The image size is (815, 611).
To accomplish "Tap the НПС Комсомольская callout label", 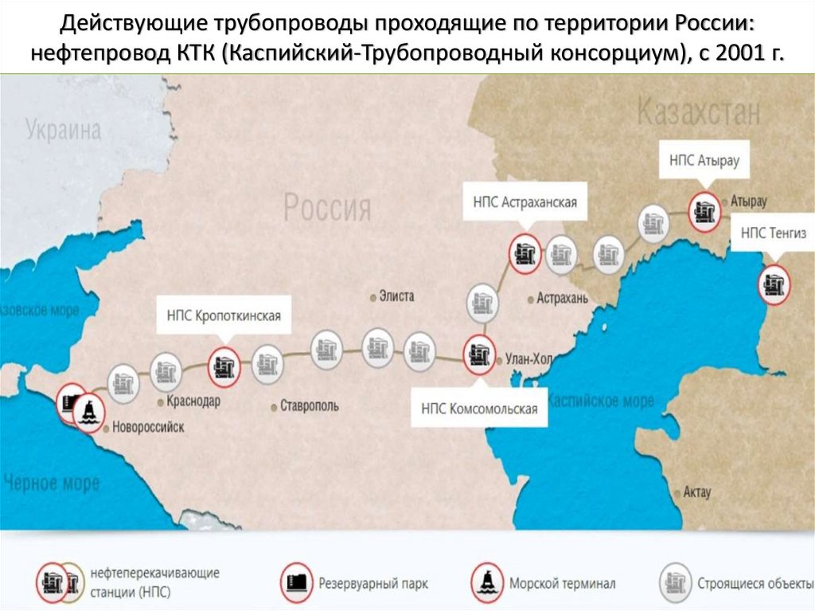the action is coord(479,409).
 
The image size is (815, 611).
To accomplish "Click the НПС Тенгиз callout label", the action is coord(773,233).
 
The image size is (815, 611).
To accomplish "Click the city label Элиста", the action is coord(395,296).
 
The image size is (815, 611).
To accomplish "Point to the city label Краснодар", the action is coord(193,401).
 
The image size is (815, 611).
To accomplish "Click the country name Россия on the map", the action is coord(328,209).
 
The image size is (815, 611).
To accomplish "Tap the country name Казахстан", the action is coord(699,114).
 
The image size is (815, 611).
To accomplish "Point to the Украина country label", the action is coord(64,130).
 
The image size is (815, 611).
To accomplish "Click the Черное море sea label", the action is coord(52,483).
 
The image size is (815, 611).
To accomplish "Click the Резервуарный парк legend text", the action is coord(374,584).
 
